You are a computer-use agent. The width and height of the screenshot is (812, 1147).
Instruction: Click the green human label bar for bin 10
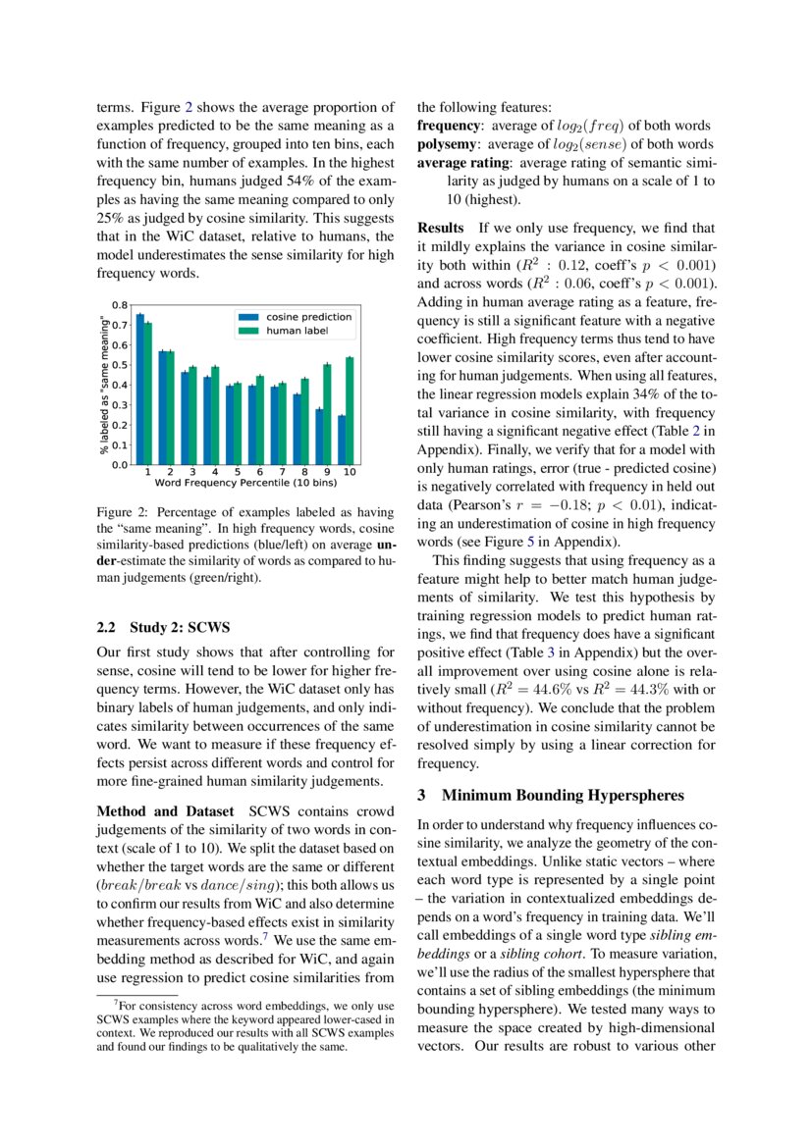click(351, 410)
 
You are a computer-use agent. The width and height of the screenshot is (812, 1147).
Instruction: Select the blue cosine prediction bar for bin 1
click(139, 389)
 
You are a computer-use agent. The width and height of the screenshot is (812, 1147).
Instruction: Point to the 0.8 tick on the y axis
click(118, 305)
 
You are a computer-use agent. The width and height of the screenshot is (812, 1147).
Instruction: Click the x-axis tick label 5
click(238, 472)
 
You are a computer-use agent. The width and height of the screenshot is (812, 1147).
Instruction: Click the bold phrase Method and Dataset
click(165, 810)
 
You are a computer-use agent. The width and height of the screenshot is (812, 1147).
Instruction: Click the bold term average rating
click(463, 163)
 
